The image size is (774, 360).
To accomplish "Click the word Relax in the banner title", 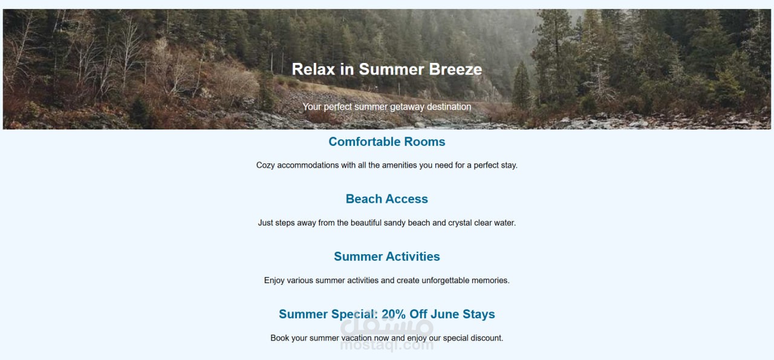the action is pyautogui.click(x=313, y=69).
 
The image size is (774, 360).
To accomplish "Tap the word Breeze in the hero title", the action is pyautogui.click(x=455, y=69).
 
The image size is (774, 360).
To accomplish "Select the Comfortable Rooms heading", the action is pyautogui.click(x=386, y=142).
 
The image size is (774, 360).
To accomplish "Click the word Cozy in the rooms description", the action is pyautogui.click(x=265, y=165).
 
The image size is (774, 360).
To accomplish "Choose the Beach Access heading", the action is pyautogui.click(x=386, y=199).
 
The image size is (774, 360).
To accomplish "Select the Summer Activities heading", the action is pyautogui.click(x=386, y=257).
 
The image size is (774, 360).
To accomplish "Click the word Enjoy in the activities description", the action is pyautogui.click(x=275, y=281).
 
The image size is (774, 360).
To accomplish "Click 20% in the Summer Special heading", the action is pyautogui.click(x=394, y=314).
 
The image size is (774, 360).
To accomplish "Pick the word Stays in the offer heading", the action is pyautogui.click(x=479, y=314).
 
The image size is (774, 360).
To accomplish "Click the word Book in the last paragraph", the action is pyautogui.click(x=279, y=338).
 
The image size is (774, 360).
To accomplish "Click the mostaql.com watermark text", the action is pyautogui.click(x=386, y=345).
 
